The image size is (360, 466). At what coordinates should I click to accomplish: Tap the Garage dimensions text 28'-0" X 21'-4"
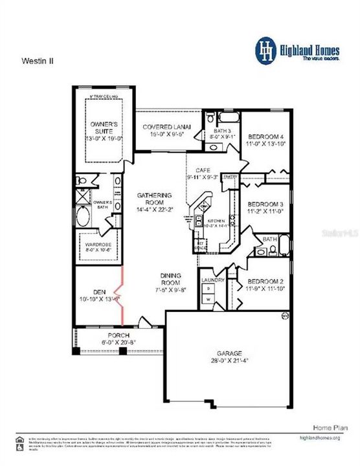pos(229,361)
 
